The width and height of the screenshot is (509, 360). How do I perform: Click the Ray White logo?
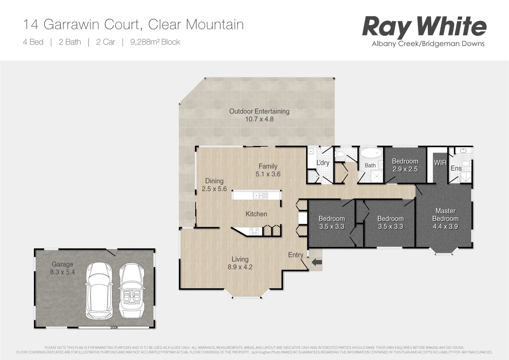(x=424, y=27)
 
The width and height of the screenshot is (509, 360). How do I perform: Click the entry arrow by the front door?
(x=317, y=262)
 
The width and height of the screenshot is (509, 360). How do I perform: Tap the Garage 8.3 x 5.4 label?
(x=62, y=268)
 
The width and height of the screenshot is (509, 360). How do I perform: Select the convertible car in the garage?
(x=132, y=291)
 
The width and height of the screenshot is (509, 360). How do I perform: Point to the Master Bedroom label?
(x=445, y=219)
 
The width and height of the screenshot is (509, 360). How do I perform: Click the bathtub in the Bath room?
(x=370, y=154)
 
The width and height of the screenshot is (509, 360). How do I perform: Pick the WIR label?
(x=440, y=163)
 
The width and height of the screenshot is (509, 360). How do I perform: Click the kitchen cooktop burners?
(x=254, y=231)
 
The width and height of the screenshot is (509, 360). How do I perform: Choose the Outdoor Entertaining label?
(x=259, y=115)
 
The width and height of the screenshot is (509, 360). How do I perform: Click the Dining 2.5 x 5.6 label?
(x=214, y=185)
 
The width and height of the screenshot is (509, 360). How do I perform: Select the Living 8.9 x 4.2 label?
(x=240, y=263)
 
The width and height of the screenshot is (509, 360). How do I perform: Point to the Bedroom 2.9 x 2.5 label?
(x=405, y=165)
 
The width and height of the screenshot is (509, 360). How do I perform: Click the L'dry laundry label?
(x=323, y=163)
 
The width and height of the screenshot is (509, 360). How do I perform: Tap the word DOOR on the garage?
(x=114, y=328)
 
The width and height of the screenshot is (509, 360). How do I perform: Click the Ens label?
(x=456, y=168)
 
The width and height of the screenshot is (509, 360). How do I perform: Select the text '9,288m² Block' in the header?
(x=155, y=42)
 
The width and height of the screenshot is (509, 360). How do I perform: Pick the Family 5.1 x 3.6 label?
(x=268, y=170)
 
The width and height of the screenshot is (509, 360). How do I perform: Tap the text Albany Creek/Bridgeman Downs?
(x=428, y=44)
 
